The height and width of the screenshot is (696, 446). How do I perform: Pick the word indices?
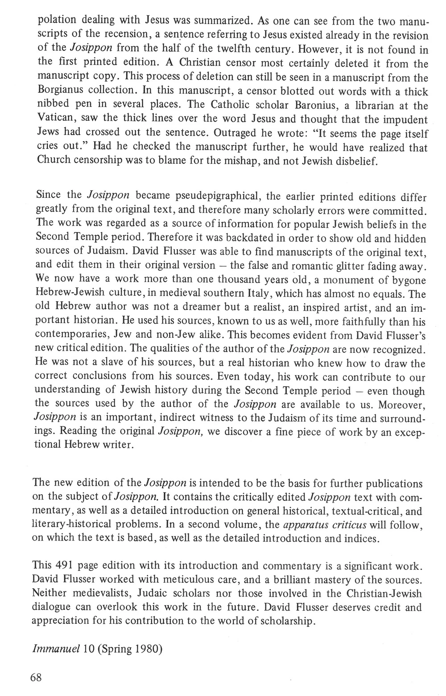pyautogui.click(x=361, y=538)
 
